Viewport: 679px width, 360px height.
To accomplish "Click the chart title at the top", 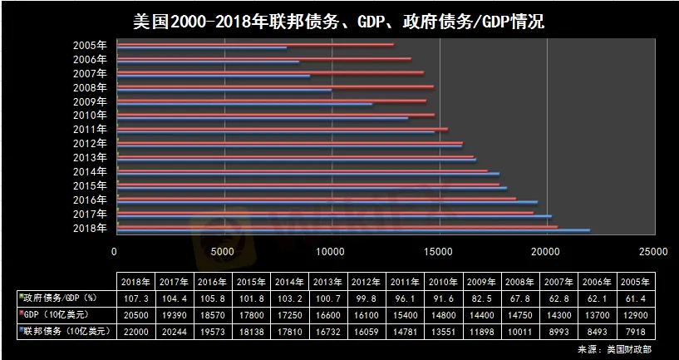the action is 339,22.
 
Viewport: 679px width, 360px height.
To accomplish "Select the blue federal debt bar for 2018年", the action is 353,230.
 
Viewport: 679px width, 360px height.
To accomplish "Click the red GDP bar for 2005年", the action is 255,44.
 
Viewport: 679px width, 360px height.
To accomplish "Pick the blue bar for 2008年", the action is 224,90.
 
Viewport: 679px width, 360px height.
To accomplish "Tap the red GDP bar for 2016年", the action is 317,199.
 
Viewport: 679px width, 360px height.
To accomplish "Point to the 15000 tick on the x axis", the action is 440,252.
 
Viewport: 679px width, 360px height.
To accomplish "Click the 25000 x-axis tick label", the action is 655,252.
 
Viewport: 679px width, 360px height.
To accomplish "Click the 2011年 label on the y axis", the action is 90,129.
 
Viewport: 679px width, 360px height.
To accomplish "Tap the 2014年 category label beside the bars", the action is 90,171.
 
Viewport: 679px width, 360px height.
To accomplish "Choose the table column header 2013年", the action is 327,282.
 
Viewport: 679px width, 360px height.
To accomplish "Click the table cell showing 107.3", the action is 136,299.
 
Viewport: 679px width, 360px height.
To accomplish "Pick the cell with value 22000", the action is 136,333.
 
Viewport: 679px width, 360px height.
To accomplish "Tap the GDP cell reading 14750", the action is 520,315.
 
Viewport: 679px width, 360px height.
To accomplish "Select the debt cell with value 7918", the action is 636,333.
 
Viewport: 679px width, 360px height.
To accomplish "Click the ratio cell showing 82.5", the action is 482,299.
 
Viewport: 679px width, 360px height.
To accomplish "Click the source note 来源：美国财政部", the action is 614,349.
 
